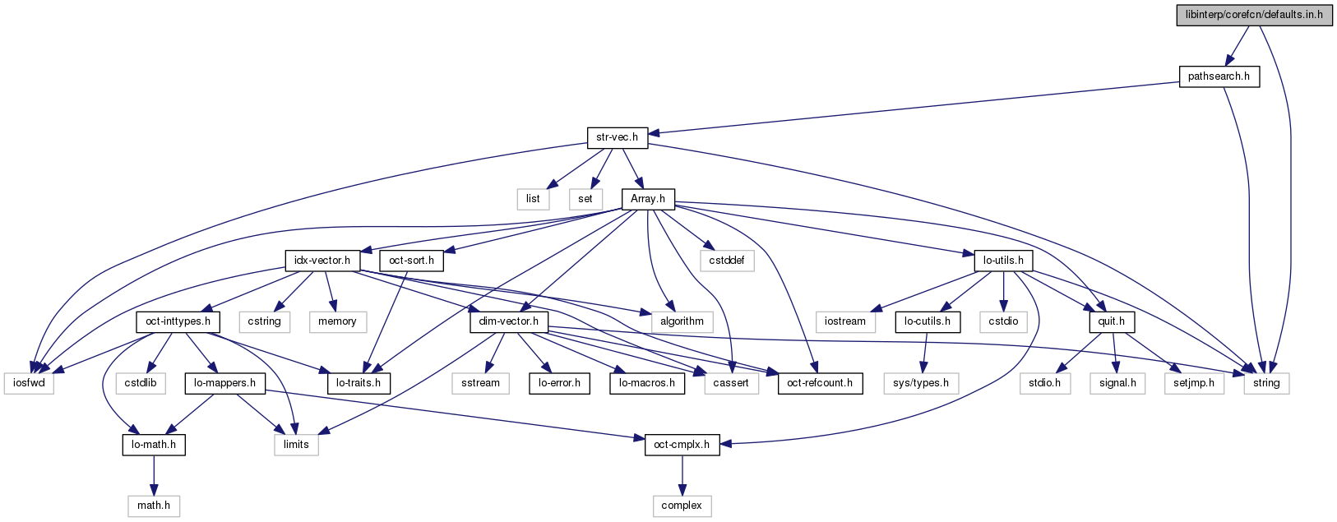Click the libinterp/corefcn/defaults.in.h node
(1253, 15)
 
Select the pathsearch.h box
(1219, 76)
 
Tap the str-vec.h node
(617, 137)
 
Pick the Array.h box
(648, 199)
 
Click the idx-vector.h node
(322, 261)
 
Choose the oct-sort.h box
(411, 261)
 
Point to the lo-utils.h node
(1003, 261)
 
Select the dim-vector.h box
(508, 321)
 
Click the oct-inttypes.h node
(178, 321)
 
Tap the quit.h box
(1111, 321)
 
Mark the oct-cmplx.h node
(682, 445)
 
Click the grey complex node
(682, 506)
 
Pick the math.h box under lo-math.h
(154, 506)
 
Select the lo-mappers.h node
(224, 383)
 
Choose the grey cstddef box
(727, 261)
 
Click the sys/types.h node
(921, 383)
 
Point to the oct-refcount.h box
(820, 383)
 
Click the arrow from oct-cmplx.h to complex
(682, 475)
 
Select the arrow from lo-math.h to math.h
(154, 475)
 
